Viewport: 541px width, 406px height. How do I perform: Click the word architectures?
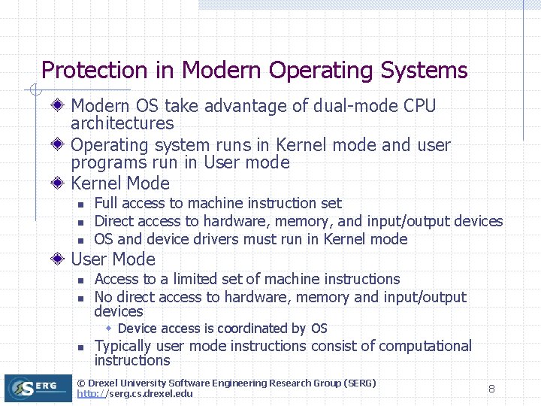[122, 123]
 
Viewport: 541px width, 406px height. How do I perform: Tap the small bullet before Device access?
[109, 329]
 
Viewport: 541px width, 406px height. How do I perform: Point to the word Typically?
[123, 347]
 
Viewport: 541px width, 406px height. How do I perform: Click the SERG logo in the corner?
[38, 388]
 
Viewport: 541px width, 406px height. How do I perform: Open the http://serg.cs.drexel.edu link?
[134, 394]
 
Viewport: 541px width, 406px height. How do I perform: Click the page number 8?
[491, 389]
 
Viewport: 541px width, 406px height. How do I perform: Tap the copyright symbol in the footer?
[82, 383]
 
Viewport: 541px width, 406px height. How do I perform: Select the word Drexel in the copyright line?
[107, 383]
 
